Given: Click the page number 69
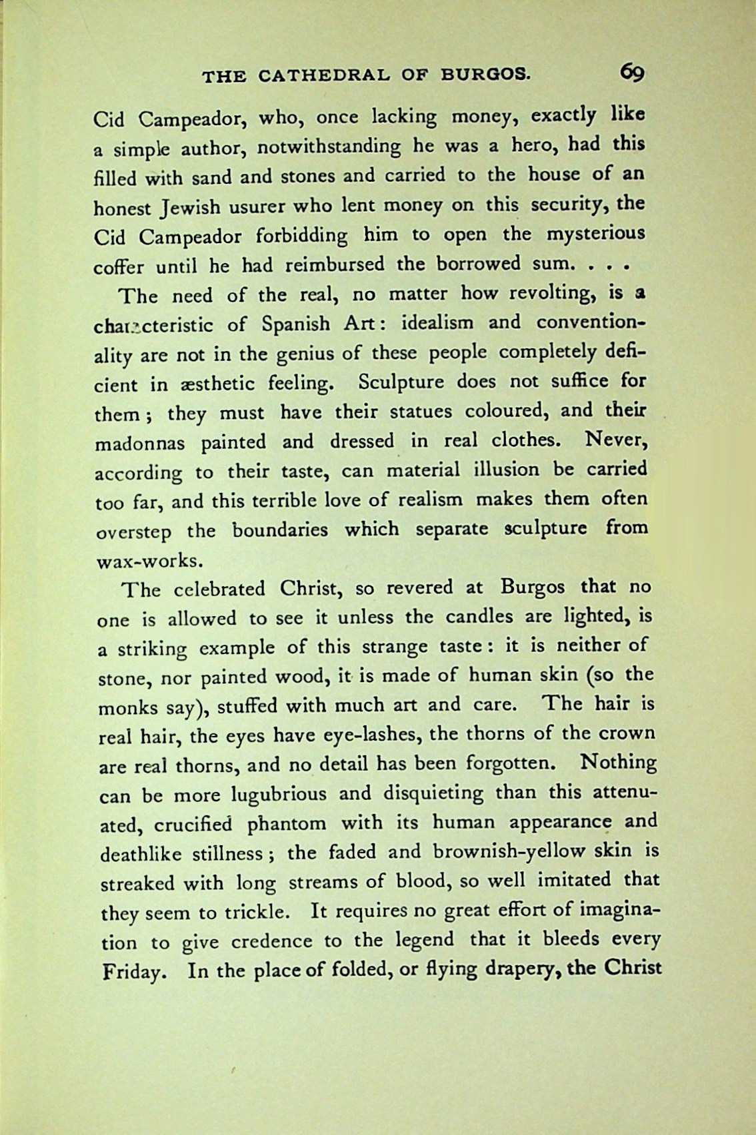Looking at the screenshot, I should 631,72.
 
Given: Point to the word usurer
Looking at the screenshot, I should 262,207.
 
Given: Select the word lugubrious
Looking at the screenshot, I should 279,795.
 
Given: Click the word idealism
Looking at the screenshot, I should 435,323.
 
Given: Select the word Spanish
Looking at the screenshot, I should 295,324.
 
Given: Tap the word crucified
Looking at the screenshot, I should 193,825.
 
